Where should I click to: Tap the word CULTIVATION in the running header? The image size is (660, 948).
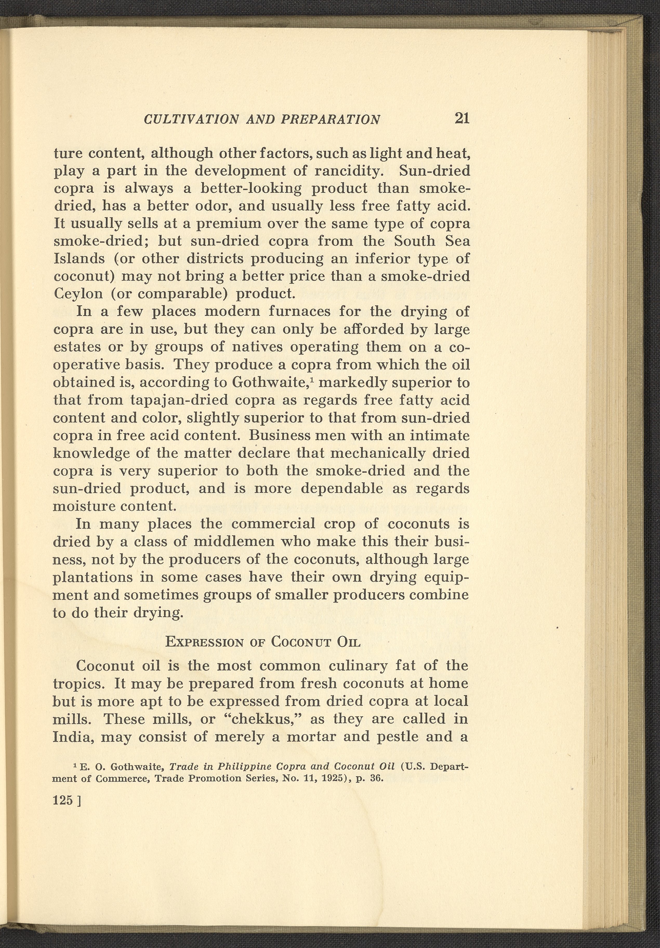tap(191, 120)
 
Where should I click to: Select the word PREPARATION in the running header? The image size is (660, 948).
tap(330, 120)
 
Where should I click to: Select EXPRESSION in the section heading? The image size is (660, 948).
tap(204, 642)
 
